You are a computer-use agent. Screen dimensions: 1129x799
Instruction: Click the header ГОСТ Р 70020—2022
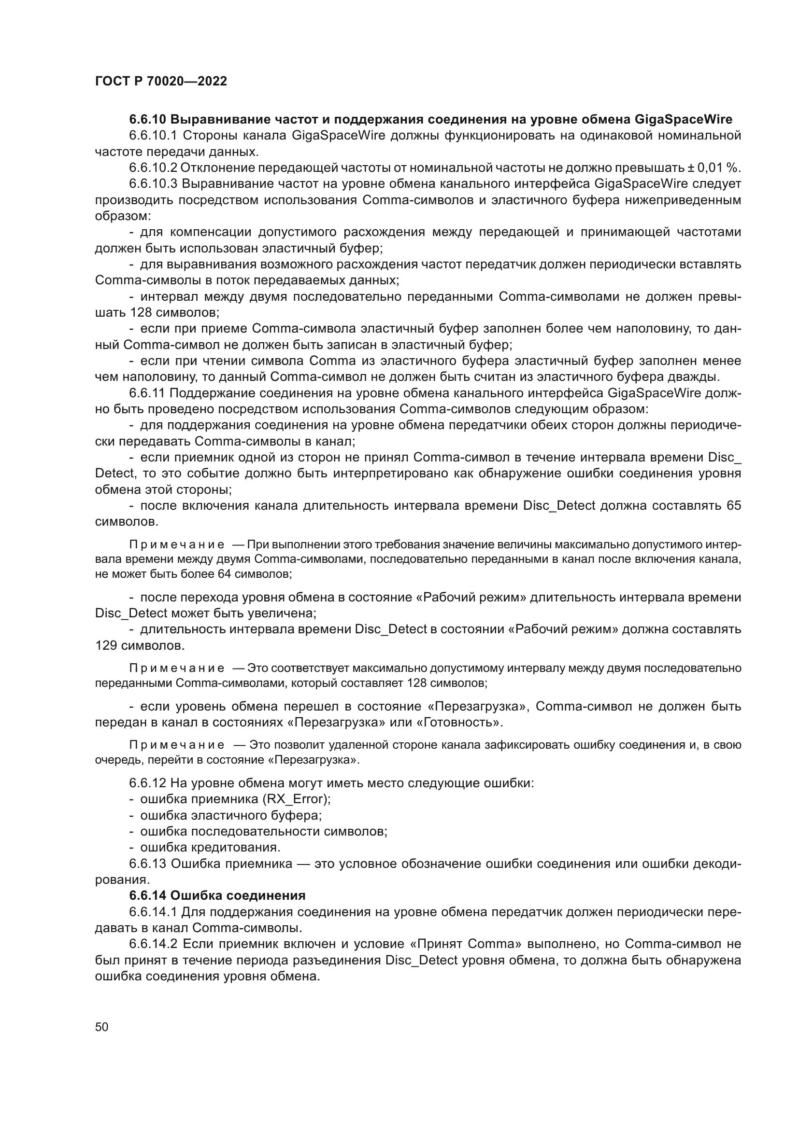coord(161,81)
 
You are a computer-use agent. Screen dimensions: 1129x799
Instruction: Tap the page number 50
coord(102,1027)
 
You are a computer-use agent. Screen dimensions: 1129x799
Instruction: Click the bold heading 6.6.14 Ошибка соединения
coord(217,895)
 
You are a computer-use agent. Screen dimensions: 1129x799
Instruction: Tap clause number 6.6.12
coord(148,783)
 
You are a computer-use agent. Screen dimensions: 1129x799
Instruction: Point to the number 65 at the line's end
coord(733,505)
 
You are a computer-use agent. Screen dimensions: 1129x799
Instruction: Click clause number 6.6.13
coord(148,864)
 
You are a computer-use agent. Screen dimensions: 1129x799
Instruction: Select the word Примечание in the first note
coord(177,545)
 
